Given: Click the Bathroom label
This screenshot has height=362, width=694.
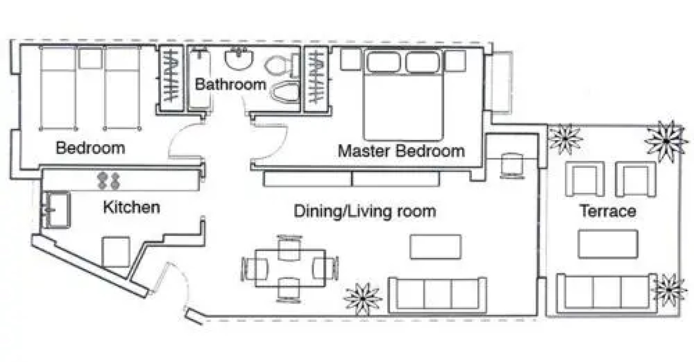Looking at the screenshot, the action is point(230,84).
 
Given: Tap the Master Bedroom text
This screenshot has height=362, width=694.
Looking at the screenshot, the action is point(401,151).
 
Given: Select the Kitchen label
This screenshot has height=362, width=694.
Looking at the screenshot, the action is point(131,207).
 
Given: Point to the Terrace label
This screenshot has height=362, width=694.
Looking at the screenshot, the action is point(608,211).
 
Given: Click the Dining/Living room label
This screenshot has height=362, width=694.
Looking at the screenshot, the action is point(365,211).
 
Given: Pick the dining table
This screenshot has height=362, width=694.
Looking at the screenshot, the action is point(290,268).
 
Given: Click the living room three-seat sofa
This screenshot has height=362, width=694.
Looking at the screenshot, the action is point(437,295).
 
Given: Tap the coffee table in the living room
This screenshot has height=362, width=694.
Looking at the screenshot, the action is point(436,247).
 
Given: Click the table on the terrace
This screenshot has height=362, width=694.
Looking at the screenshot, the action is point(608,244).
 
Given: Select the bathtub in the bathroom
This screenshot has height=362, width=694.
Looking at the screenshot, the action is point(200,79).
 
